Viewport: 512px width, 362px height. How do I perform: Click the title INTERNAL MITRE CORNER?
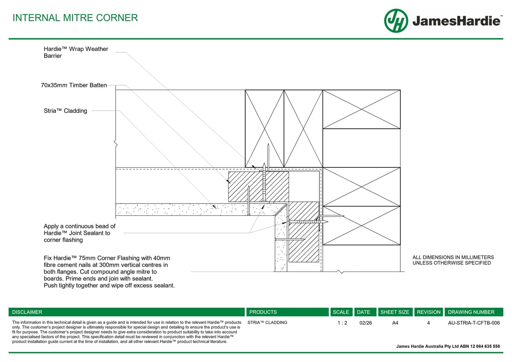(x=75, y=18)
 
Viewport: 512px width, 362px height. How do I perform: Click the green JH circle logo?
(x=396, y=21)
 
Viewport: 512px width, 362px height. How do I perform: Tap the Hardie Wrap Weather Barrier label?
(x=76, y=52)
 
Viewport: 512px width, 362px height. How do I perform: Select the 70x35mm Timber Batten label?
(x=74, y=85)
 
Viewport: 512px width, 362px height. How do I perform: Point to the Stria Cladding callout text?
(x=66, y=111)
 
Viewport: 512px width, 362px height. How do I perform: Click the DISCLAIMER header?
(x=27, y=312)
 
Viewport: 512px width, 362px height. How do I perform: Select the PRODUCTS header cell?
(x=263, y=312)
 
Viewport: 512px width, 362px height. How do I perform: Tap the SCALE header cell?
(x=341, y=312)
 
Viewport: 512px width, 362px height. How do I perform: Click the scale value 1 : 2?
(x=342, y=323)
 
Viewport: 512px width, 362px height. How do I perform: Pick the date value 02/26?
(x=365, y=323)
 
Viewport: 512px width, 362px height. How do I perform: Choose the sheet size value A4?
(x=395, y=323)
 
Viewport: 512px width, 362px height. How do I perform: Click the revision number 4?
(x=429, y=323)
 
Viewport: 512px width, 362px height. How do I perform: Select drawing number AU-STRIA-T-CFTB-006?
(x=474, y=323)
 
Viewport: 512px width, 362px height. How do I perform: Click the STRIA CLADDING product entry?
(x=267, y=323)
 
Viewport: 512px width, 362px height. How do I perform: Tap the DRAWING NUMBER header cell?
(x=471, y=312)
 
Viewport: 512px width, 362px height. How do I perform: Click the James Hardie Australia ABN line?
(x=448, y=346)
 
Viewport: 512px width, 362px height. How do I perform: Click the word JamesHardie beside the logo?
(x=456, y=21)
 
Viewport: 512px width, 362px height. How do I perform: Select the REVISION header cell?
(x=429, y=312)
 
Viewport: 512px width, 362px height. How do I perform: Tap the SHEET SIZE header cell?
(x=395, y=312)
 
